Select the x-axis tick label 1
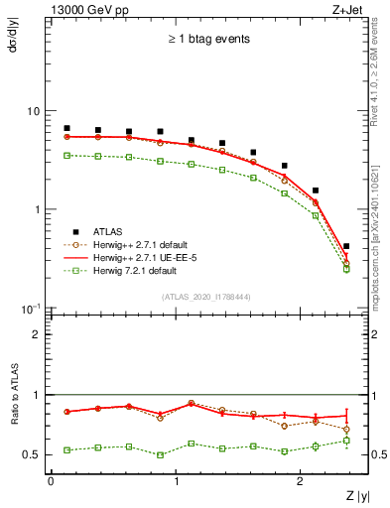click(x=177, y=481)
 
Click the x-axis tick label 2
click(x=302, y=481)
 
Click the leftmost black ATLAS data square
click(x=66, y=128)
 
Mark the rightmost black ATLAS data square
click(x=345, y=246)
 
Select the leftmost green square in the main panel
click(x=66, y=155)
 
